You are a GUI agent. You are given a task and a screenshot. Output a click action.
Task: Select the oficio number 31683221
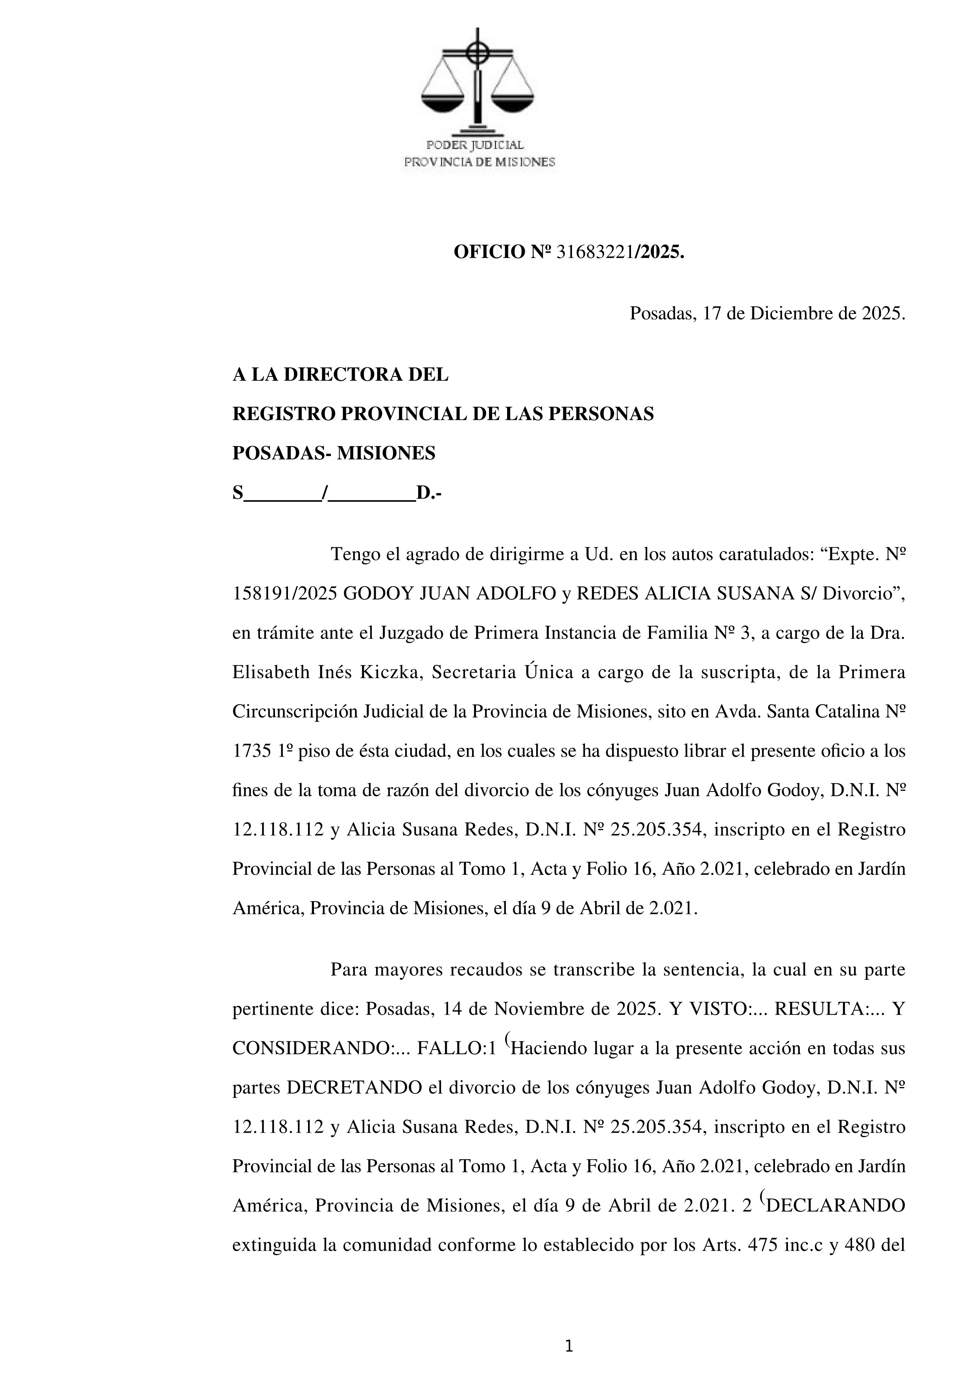point(595,253)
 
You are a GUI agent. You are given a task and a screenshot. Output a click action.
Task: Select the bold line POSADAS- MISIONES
point(334,453)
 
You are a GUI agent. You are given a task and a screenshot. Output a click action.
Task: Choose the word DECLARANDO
point(836,1206)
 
